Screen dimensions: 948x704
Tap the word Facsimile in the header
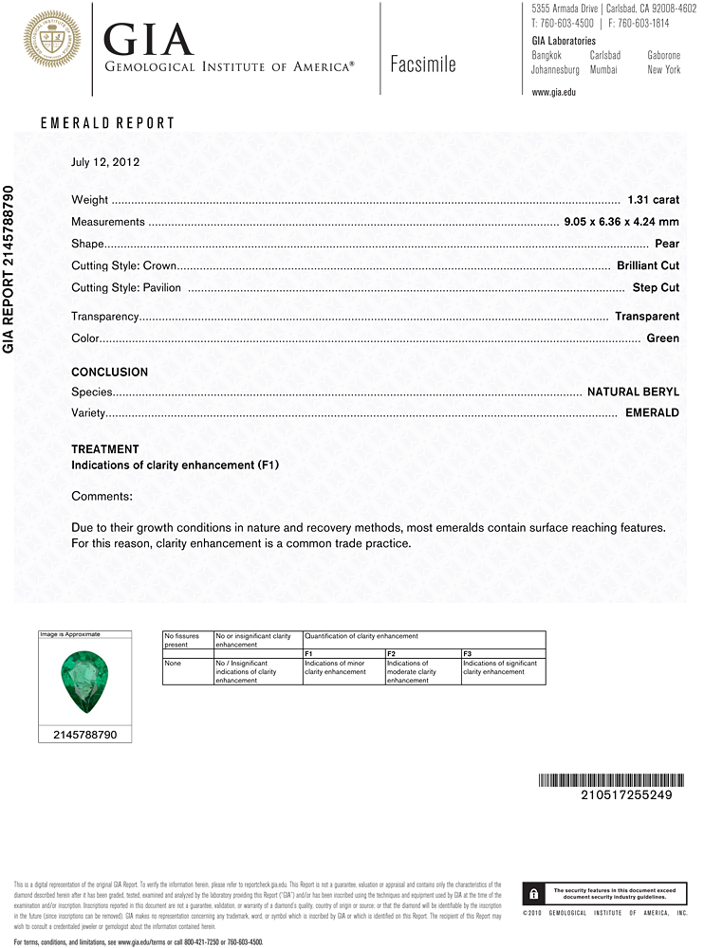(423, 64)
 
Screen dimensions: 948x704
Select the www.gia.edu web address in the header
(554, 92)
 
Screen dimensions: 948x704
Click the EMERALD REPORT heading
(107, 123)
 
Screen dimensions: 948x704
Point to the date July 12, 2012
(105, 162)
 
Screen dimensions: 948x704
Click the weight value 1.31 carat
(654, 200)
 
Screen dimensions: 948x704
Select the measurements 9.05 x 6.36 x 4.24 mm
(621, 222)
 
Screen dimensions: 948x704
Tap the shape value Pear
(667, 244)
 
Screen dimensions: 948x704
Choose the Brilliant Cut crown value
(648, 265)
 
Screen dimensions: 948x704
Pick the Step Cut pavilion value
(656, 287)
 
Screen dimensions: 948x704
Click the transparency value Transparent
(647, 317)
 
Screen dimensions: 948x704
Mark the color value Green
(663, 338)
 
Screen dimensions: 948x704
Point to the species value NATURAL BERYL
(633, 392)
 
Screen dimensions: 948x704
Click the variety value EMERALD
(652, 413)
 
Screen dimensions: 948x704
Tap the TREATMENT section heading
(104, 449)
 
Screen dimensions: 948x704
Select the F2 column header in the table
(391, 653)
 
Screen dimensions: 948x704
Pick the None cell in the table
(172, 664)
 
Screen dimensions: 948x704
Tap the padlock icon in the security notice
(534, 894)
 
